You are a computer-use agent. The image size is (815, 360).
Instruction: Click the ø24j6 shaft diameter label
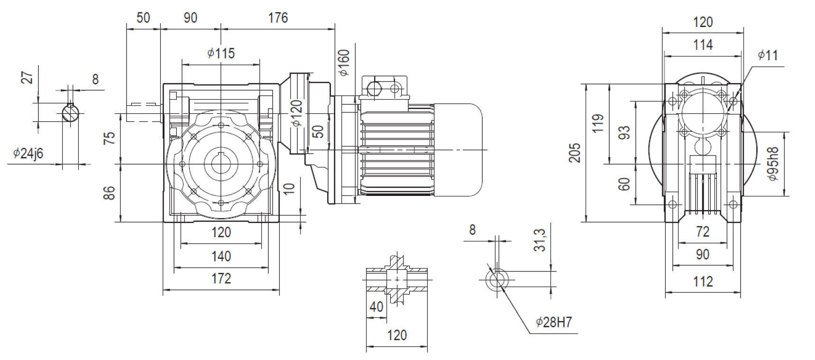(28, 153)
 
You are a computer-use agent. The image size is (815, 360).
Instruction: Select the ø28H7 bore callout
(554, 323)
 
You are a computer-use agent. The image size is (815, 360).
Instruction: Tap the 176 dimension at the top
(278, 18)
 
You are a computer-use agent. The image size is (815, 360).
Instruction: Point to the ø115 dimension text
(221, 53)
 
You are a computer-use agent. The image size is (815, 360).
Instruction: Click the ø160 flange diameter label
(343, 63)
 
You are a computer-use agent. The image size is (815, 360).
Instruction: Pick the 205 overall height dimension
(575, 153)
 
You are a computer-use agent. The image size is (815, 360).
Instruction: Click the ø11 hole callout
(768, 55)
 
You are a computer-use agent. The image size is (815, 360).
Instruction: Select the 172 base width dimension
(221, 278)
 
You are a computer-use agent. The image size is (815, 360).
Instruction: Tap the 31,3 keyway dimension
(540, 240)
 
